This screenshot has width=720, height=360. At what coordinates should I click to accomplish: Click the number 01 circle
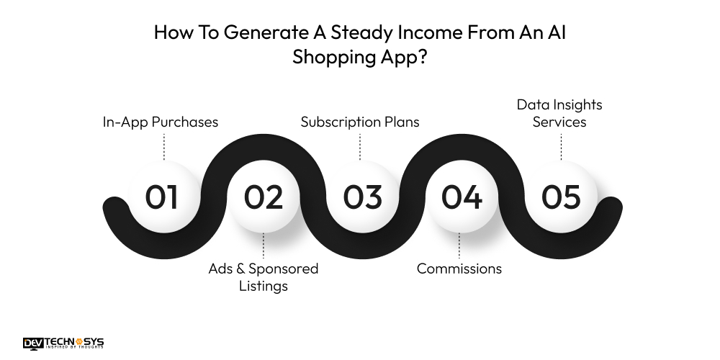pyautogui.click(x=162, y=197)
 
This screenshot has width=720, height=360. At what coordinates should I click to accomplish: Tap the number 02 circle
pyautogui.click(x=263, y=197)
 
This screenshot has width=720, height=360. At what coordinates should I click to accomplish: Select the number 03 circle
pyautogui.click(x=361, y=197)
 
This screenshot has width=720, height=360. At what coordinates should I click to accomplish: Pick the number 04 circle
pyautogui.click(x=461, y=197)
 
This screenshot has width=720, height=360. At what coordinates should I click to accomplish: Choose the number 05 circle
pyautogui.click(x=560, y=197)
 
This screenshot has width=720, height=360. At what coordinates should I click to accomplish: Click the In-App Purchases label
pyautogui.click(x=161, y=122)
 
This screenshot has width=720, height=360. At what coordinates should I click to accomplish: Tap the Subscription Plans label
pyautogui.click(x=360, y=122)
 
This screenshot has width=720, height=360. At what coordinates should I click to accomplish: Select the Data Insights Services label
pyautogui.click(x=559, y=113)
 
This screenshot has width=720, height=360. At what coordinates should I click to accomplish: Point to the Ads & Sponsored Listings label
pyautogui.click(x=263, y=277)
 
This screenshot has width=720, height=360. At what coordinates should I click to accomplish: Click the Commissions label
pyautogui.click(x=459, y=269)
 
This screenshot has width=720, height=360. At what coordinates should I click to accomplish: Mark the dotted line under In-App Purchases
pyautogui.click(x=164, y=147)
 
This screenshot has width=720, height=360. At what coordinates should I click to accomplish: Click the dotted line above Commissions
pyautogui.click(x=459, y=246)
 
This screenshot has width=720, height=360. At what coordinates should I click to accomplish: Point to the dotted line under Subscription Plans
pyautogui.click(x=360, y=147)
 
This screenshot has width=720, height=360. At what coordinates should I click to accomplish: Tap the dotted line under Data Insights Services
pyautogui.click(x=560, y=147)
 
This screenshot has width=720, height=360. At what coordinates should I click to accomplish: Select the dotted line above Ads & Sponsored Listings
pyautogui.click(x=263, y=246)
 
